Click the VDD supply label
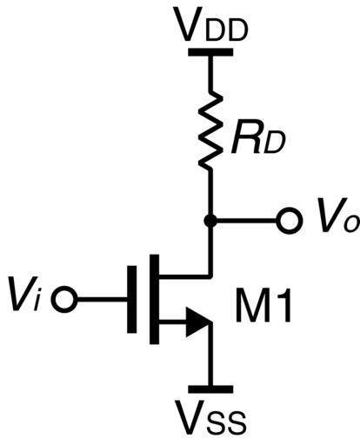[x=212, y=27]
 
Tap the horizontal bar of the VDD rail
[x=210, y=52]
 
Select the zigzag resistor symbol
[x=210, y=130]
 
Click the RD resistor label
[x=258, y=137]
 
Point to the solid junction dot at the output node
[x=210, y=221]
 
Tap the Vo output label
[x=337, y=216]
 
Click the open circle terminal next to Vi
[x=64, y=299]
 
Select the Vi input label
[x=24, y=294]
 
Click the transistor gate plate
[x=132, y=299]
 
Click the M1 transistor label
[x=263, y=305]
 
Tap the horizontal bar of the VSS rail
[x=210, y=389]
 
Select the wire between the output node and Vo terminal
[x=247, y=221]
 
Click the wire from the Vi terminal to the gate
[x=102, y=299]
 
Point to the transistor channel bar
[x=155, y=299]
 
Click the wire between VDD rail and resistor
[x=210, y=72]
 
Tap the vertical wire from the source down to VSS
[x=210, y=355]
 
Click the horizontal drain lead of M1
[x=186, y=276]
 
